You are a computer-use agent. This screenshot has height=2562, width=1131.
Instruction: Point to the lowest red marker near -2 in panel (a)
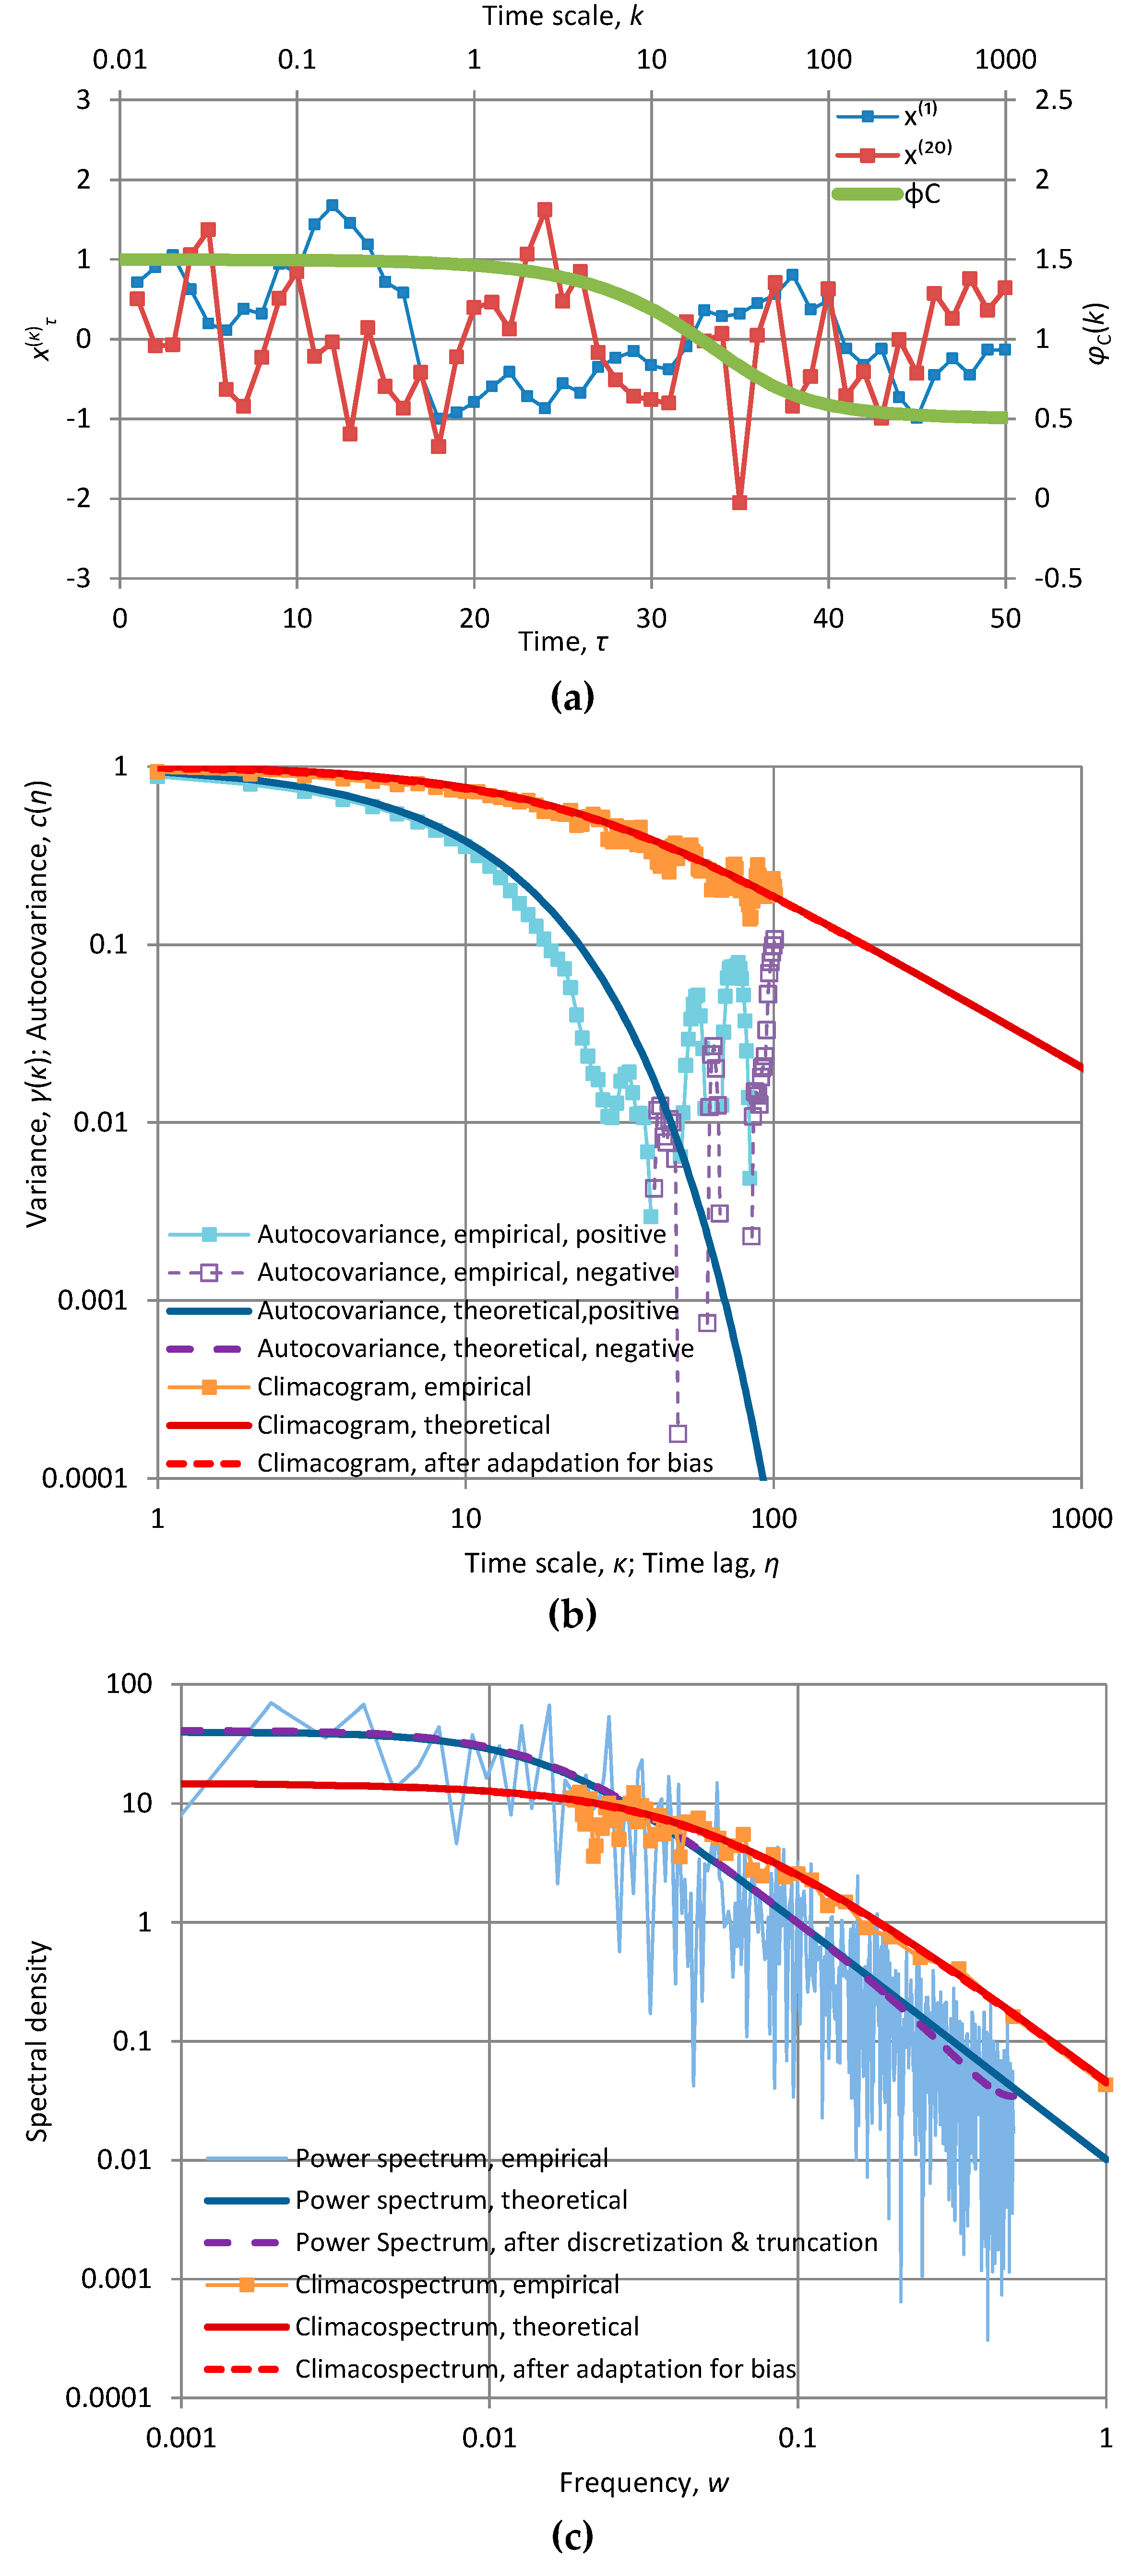(739, 502)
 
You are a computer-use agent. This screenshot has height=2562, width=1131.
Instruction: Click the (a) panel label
(572, 696)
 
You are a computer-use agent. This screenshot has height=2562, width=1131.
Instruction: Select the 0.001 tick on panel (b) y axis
(93, 1300)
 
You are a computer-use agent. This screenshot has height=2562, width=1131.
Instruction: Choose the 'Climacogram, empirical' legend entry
(393, 1386)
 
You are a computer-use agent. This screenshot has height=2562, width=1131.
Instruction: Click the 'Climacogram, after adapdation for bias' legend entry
(485, 1463)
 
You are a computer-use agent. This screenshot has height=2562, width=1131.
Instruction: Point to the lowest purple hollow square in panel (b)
(678, 1433)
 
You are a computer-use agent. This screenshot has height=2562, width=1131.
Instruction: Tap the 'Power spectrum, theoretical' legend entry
(461, 2200)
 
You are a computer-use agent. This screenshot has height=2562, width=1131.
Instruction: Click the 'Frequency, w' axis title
(643, 2482)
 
